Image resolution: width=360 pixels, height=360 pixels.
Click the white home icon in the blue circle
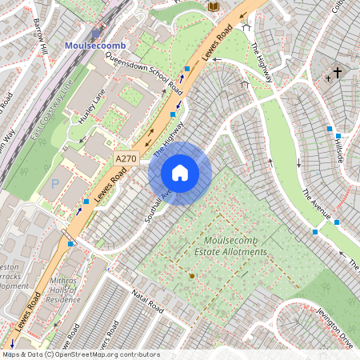[180, 173]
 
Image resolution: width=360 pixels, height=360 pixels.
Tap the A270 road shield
[126, 159]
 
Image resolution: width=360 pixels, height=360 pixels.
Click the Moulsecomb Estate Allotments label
[235, 246]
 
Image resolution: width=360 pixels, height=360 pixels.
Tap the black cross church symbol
[337, 74]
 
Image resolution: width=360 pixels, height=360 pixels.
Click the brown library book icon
[212, 7]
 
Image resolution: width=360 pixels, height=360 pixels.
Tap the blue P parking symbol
[55, 183]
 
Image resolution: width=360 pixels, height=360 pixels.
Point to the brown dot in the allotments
[191, 275]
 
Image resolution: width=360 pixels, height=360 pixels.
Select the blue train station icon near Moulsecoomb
[96, 34]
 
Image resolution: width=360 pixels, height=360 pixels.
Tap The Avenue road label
[316, 204]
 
